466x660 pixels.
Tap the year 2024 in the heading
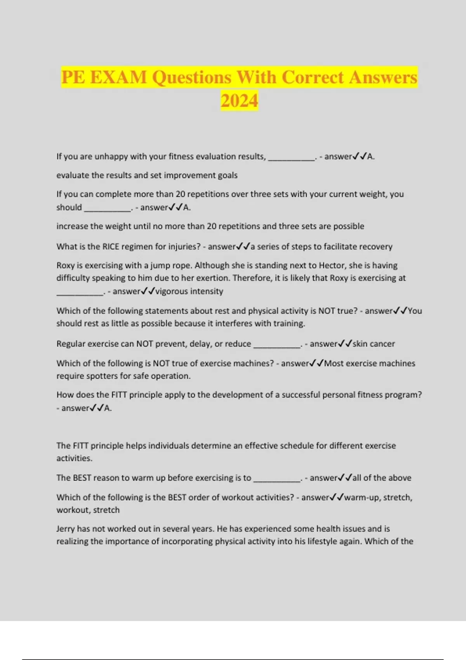[239, 101]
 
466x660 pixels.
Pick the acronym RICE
[112, 247]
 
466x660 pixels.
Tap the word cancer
[382, 344]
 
